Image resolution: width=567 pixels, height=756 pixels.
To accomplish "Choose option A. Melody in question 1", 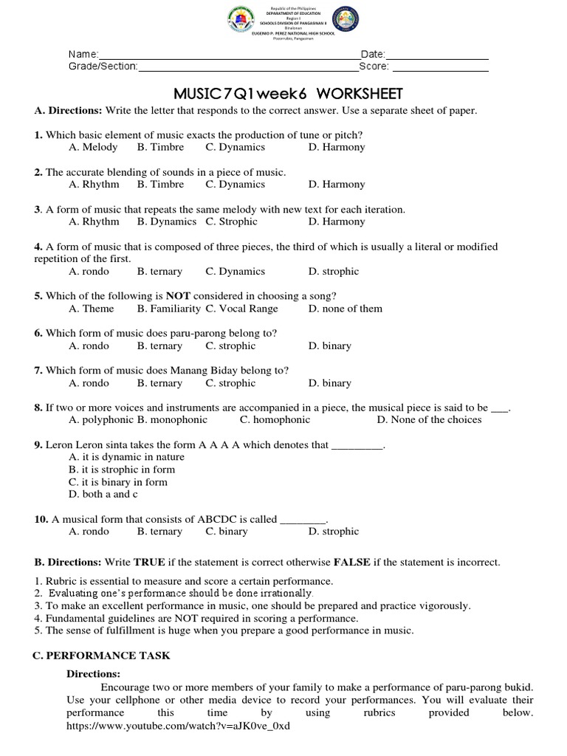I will pyautogui.click(x=93, y=147).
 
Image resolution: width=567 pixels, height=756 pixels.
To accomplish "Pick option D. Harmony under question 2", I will pyautogui.click(x=337, y=185).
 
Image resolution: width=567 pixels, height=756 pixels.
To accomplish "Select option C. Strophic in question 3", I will pyautogui.click(x=232, y=221).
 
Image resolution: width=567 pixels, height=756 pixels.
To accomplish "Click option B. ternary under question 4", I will pyautogui.click(x=159, y=272).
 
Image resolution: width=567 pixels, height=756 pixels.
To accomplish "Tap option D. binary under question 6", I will pyautogui.click(x=330, y=346).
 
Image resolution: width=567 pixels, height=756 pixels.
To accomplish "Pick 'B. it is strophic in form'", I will pyautogui.click(x=122, y=470).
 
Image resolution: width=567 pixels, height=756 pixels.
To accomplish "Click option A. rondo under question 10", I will pyautogui.click(x=89, y=532).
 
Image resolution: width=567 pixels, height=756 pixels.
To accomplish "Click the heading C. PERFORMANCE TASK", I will pyautogui.click(x=102, y=656).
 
